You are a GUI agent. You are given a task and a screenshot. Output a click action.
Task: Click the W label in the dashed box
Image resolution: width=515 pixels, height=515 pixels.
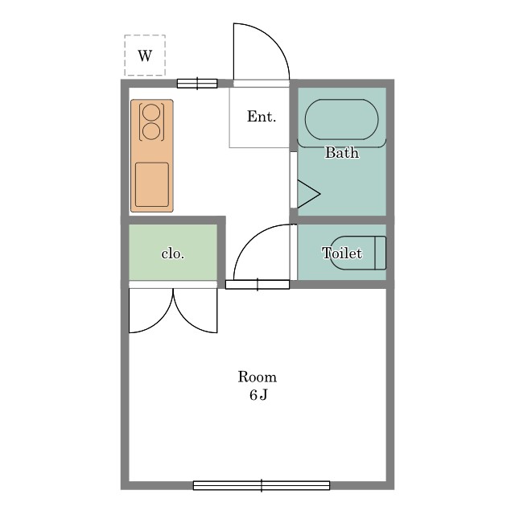(145, 56)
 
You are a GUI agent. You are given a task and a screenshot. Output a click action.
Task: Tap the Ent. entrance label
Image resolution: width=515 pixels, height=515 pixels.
(262, 117)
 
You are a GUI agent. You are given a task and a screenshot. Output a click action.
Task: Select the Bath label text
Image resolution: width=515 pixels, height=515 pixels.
(342, 153)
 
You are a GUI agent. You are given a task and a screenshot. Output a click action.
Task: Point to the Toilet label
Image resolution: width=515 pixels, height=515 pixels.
(342, 253)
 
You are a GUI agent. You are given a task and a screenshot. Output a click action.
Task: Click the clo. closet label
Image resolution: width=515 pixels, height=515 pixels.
(173, 253)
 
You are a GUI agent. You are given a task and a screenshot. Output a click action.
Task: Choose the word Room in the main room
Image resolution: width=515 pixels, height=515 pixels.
(257, 377)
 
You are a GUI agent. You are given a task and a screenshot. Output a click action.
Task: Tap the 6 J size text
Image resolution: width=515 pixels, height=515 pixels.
(258, 395)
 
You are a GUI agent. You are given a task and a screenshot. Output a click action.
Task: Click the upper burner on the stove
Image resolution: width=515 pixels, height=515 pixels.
(152, 113)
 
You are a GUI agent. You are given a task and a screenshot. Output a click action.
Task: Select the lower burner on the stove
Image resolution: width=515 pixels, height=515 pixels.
(152, 130)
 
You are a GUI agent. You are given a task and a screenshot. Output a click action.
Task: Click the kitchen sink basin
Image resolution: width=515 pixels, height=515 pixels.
(152, 184)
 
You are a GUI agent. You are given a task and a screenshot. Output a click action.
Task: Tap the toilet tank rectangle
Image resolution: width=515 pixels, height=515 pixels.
(381, 253)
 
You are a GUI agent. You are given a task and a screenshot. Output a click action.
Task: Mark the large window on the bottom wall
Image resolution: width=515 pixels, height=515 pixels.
(262, 485)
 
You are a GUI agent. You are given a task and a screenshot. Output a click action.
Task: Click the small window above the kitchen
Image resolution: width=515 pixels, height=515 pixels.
(197, 84)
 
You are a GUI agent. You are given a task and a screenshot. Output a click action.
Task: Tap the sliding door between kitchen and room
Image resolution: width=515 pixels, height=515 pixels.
(257, 284)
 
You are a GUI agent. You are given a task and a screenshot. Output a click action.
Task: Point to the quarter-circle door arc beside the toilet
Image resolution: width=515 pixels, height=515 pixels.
(250, 241)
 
